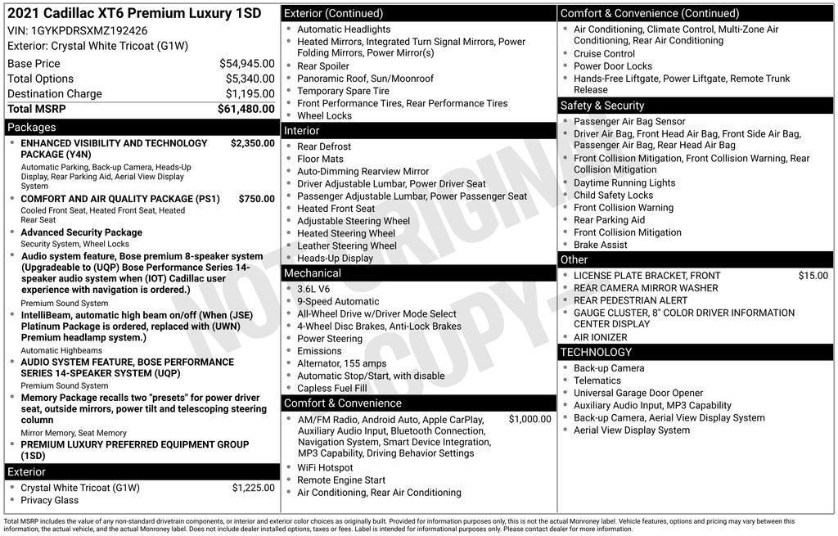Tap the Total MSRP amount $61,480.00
[x=246, y=109]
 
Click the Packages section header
[x=32, y=128]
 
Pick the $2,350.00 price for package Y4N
[x=252, y=143]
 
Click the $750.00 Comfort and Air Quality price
[x=256, y=199]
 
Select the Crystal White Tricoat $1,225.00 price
[x=253, y=488]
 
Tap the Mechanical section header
[x=313, y=273]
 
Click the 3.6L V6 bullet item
[x=313, y=289]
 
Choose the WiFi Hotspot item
[x=325, y=468]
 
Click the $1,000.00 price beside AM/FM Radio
[x=529, y=420]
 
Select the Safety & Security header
[x=602, y=106]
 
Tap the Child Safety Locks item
[x=613, y=196]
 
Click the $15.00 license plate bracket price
[x=813, y=276]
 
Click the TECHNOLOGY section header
[x=596, y=353]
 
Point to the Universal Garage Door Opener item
[x=638, y=393]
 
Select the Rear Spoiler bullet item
[x=322, y=66]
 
